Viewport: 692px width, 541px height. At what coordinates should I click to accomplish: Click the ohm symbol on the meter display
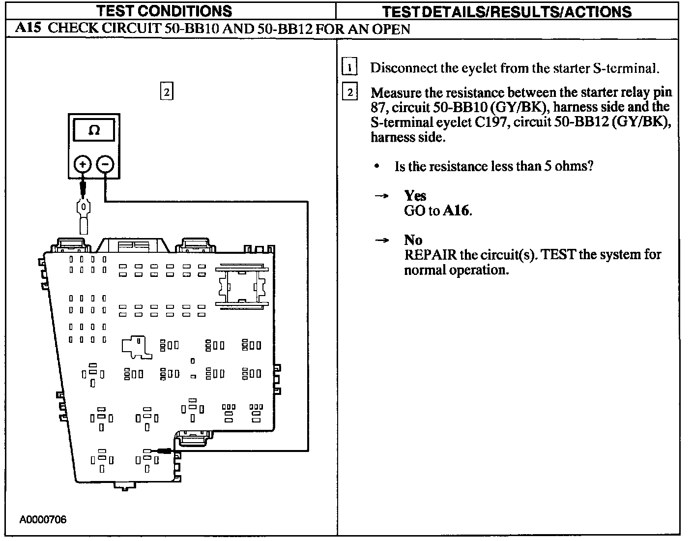pyautogui.click(x=94, y=130)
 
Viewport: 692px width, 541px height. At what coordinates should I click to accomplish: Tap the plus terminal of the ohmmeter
pyautogui.click(x=83, y=164)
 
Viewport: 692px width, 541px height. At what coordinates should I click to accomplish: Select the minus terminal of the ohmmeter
pyautogui.click(x=105, y=164)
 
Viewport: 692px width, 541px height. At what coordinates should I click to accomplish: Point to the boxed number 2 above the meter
pyautogui.click(x=167, y=91)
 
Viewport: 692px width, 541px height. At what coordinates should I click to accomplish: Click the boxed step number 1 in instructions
pyautogui.click(x=349, y=67)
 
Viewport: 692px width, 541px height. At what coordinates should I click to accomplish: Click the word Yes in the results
pyautogui.click(x=415, y=196)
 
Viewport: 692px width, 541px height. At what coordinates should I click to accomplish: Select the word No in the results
pyautogui.click(x=413, y=240)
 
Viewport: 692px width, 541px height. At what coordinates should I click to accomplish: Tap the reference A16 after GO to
pyautogui.click(x=457, y=211)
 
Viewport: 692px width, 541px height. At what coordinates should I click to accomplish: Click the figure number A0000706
pyautogui.click(x=43, y=520)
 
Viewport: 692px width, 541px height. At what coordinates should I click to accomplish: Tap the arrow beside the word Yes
pyautogui.click(x=381, y=196)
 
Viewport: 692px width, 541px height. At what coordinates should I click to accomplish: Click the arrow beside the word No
pyautogui.click(x=381, y=240)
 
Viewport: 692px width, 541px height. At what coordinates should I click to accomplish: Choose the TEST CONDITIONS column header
pyautogui.click(x=164, y=11)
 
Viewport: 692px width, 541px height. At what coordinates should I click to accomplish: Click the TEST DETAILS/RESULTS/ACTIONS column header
pyautogui.click(x=507, y=11)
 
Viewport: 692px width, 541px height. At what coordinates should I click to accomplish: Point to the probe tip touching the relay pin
pyautogui.click(x=158, y=450)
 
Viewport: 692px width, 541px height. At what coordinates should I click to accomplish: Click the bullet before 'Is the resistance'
pyautogui.click(x=376, y=166)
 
